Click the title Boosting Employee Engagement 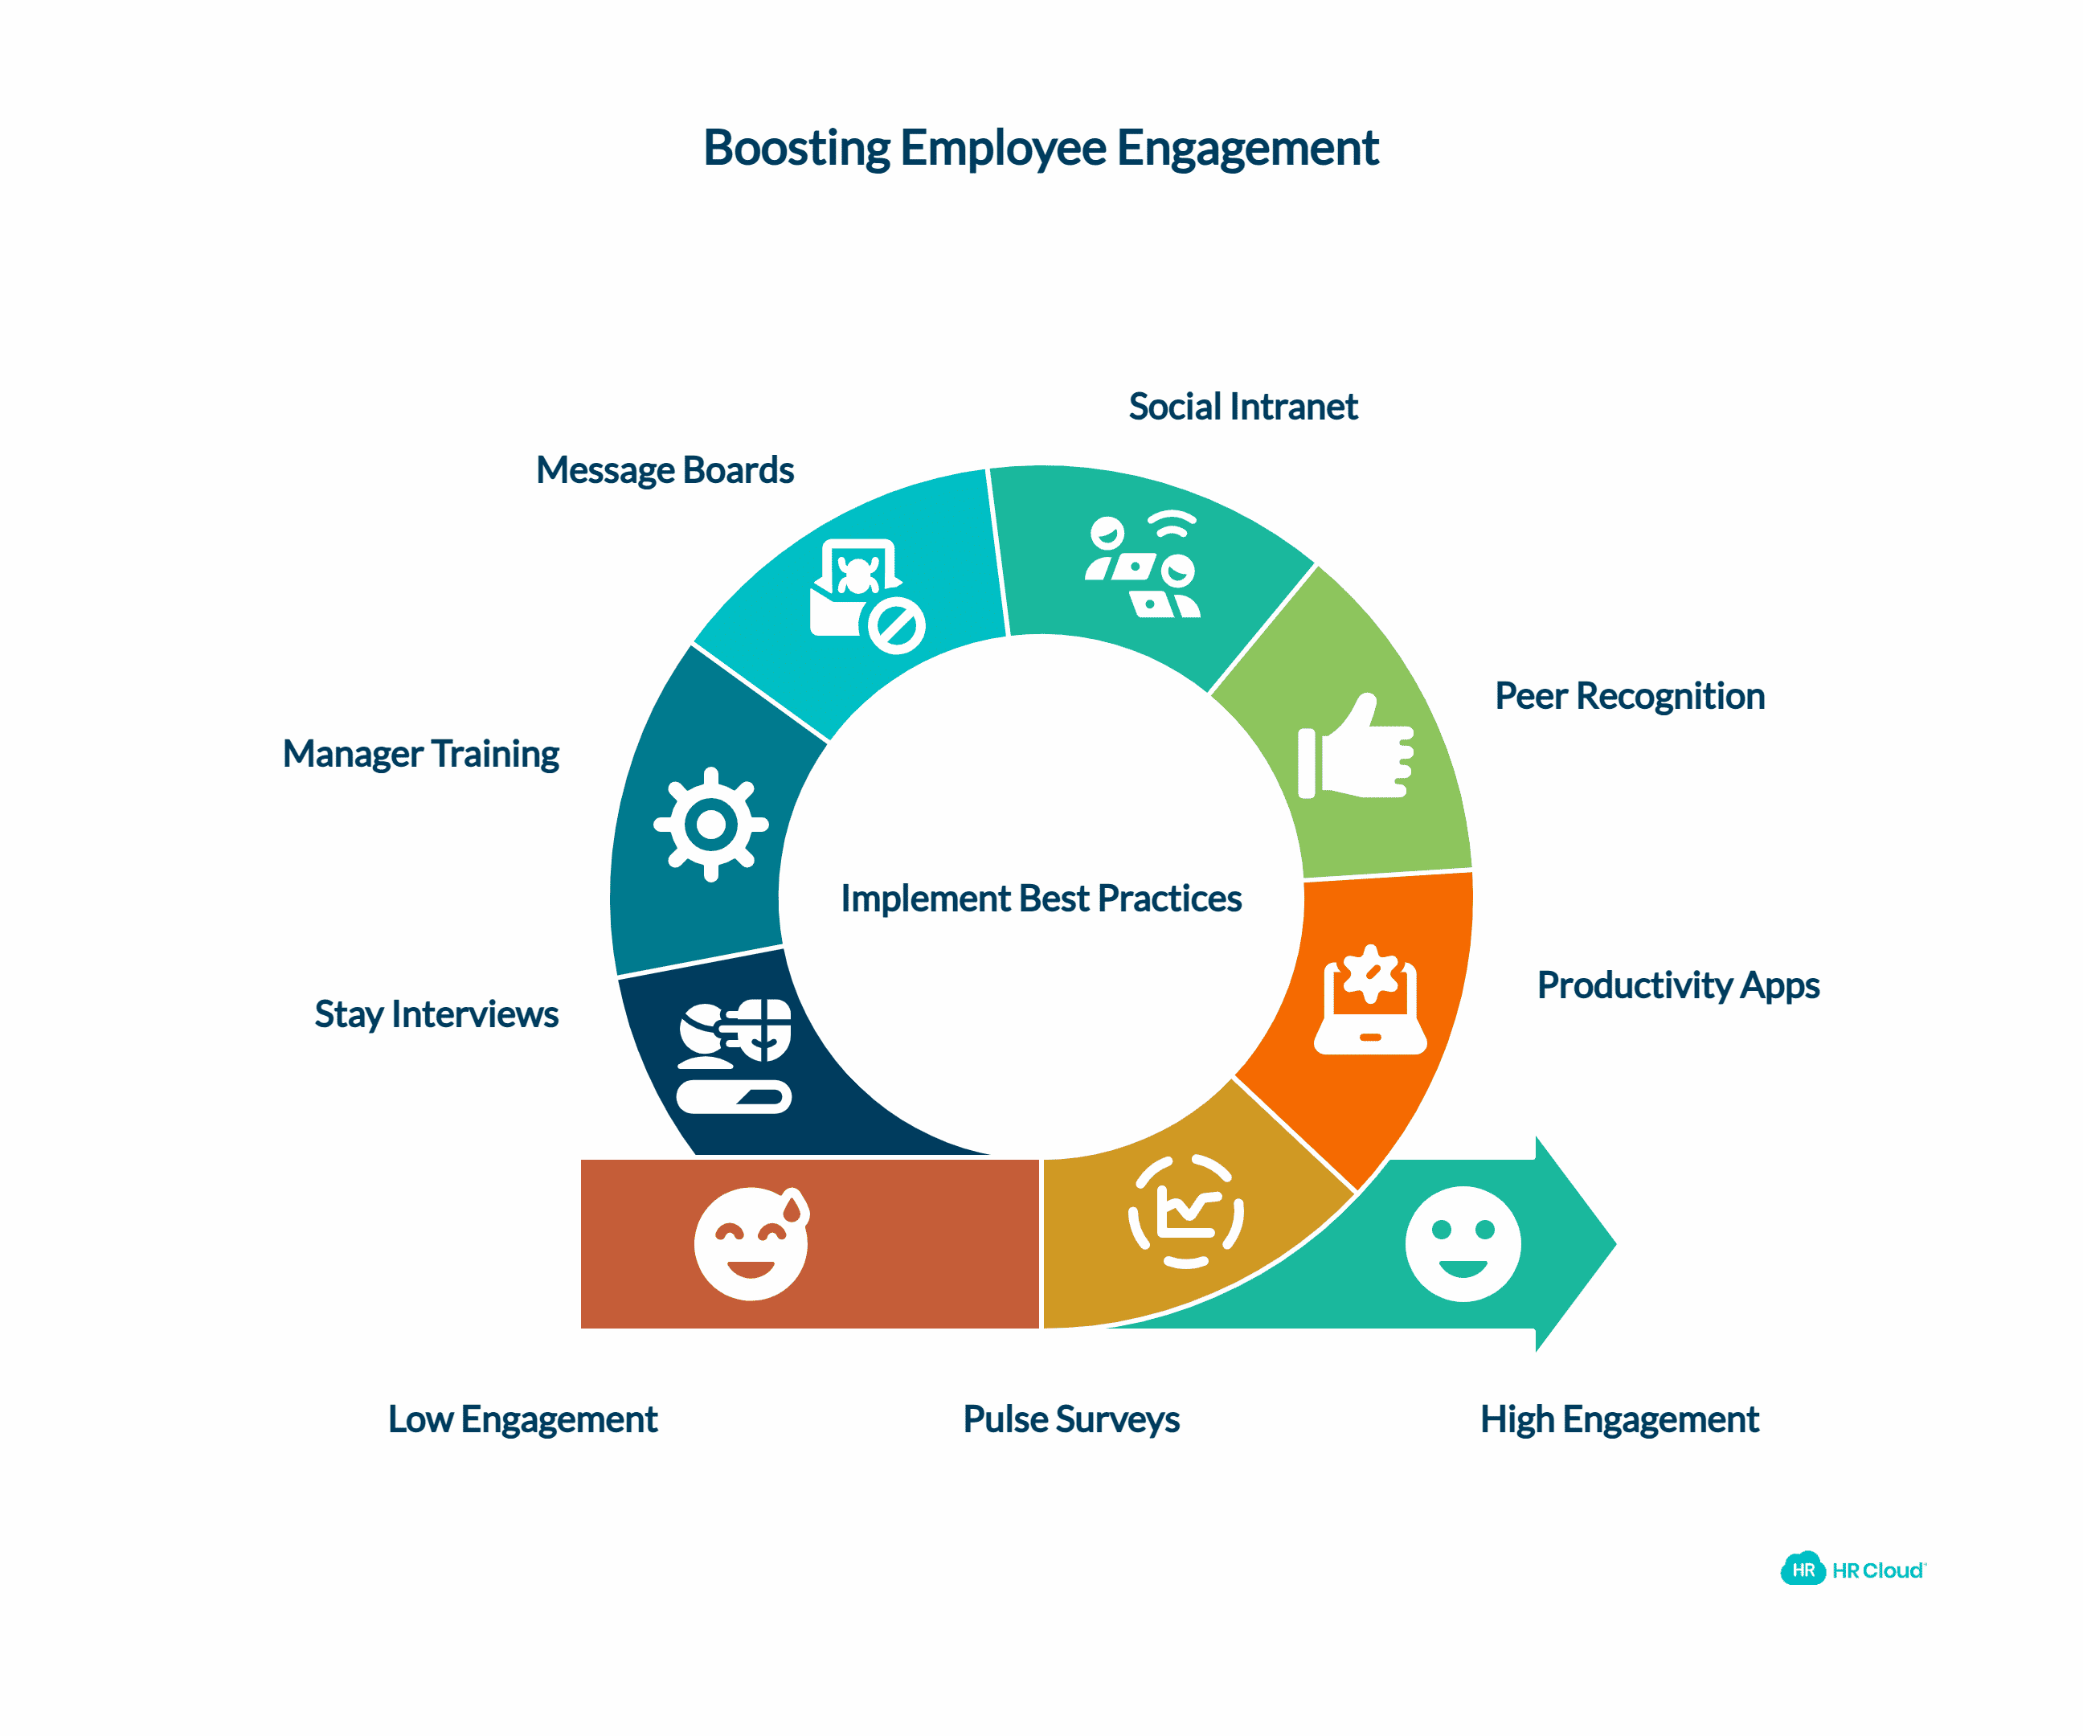1041,148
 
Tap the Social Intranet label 1243,407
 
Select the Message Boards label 665,470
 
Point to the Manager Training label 420,754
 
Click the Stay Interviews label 436,1013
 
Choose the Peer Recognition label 1630,696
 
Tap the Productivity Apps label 1678,985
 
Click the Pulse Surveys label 1071,1419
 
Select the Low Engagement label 522,1419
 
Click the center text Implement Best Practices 1041,899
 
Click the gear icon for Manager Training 710,825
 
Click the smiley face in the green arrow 1463,1243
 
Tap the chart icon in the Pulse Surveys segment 1186,1211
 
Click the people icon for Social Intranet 1144,566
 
